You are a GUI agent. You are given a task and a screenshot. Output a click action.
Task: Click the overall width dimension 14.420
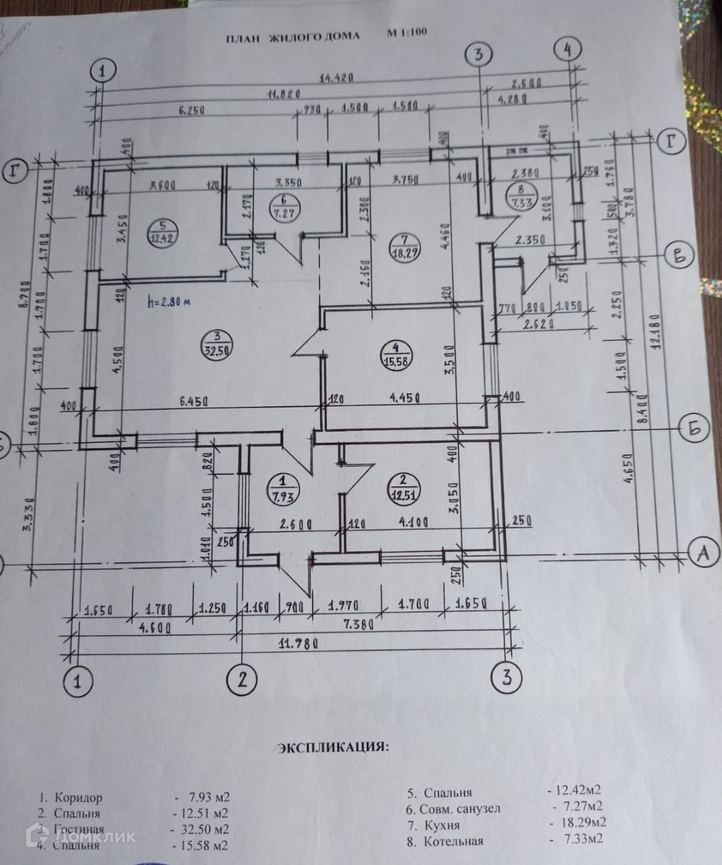click(337, 78)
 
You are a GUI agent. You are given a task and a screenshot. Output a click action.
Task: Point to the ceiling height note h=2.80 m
click(167, 302)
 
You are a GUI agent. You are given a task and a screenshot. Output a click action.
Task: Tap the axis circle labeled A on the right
click(702, 553)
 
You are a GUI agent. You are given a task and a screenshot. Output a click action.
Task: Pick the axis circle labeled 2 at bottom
click(242, 680)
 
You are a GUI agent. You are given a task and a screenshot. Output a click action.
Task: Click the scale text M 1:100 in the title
click(406, 32)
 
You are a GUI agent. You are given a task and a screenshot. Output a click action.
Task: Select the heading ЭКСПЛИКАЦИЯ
click(333, 747)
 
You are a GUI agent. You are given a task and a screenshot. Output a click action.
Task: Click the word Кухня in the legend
click(442, 825)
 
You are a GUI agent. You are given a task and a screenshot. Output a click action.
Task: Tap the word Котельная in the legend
click(453, 841)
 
